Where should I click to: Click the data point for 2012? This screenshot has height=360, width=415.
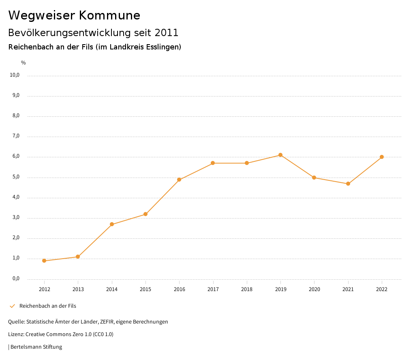point(44,261)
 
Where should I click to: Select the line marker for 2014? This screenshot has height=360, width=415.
point(112,224)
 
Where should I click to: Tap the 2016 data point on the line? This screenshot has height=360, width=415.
point(179,180)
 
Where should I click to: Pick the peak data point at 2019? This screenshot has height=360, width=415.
point(280,155)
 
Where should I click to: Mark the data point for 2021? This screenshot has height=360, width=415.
point(348,184)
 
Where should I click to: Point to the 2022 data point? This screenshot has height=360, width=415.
point(382,157)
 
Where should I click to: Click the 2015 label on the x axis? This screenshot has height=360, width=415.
point(145,289)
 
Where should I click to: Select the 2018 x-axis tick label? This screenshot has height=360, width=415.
point(247,289)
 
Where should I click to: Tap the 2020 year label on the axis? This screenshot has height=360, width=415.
point(314,289)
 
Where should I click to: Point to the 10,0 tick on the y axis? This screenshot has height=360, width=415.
point(15,75)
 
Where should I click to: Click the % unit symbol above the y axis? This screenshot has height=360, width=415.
point(24,63)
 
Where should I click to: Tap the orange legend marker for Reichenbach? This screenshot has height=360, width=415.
point(12,306)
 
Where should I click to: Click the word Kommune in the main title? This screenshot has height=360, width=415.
point(109,15)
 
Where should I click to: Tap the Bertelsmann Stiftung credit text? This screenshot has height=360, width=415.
point(36,347)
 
